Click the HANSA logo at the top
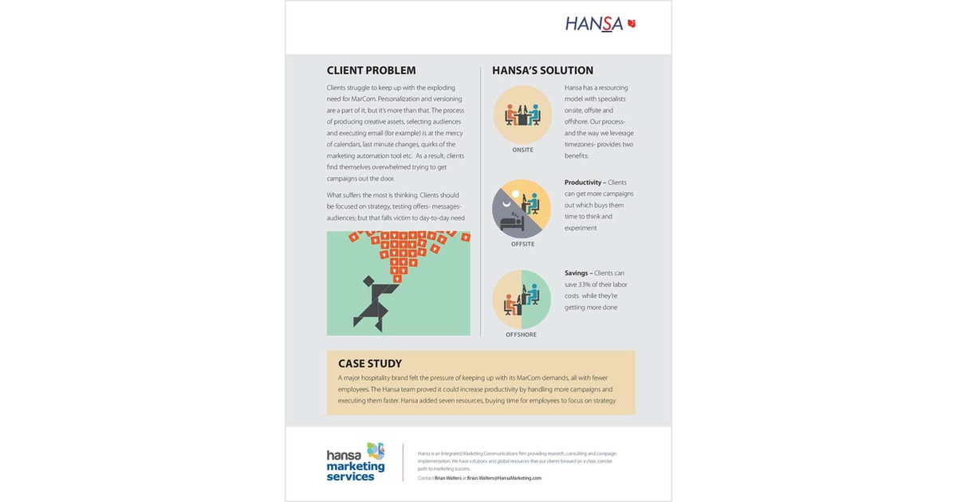(594, 23)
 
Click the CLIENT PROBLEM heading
(371, 70)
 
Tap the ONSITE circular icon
(522, 114)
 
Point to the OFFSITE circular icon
(522, 208)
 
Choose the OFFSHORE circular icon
(522, 299)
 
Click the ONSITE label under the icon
(522, 150)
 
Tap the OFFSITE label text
(522, 244)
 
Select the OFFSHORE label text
(522, 335)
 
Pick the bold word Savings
(577, 273)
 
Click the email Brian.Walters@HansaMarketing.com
(504, 478)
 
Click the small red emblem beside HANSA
(632, 23)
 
